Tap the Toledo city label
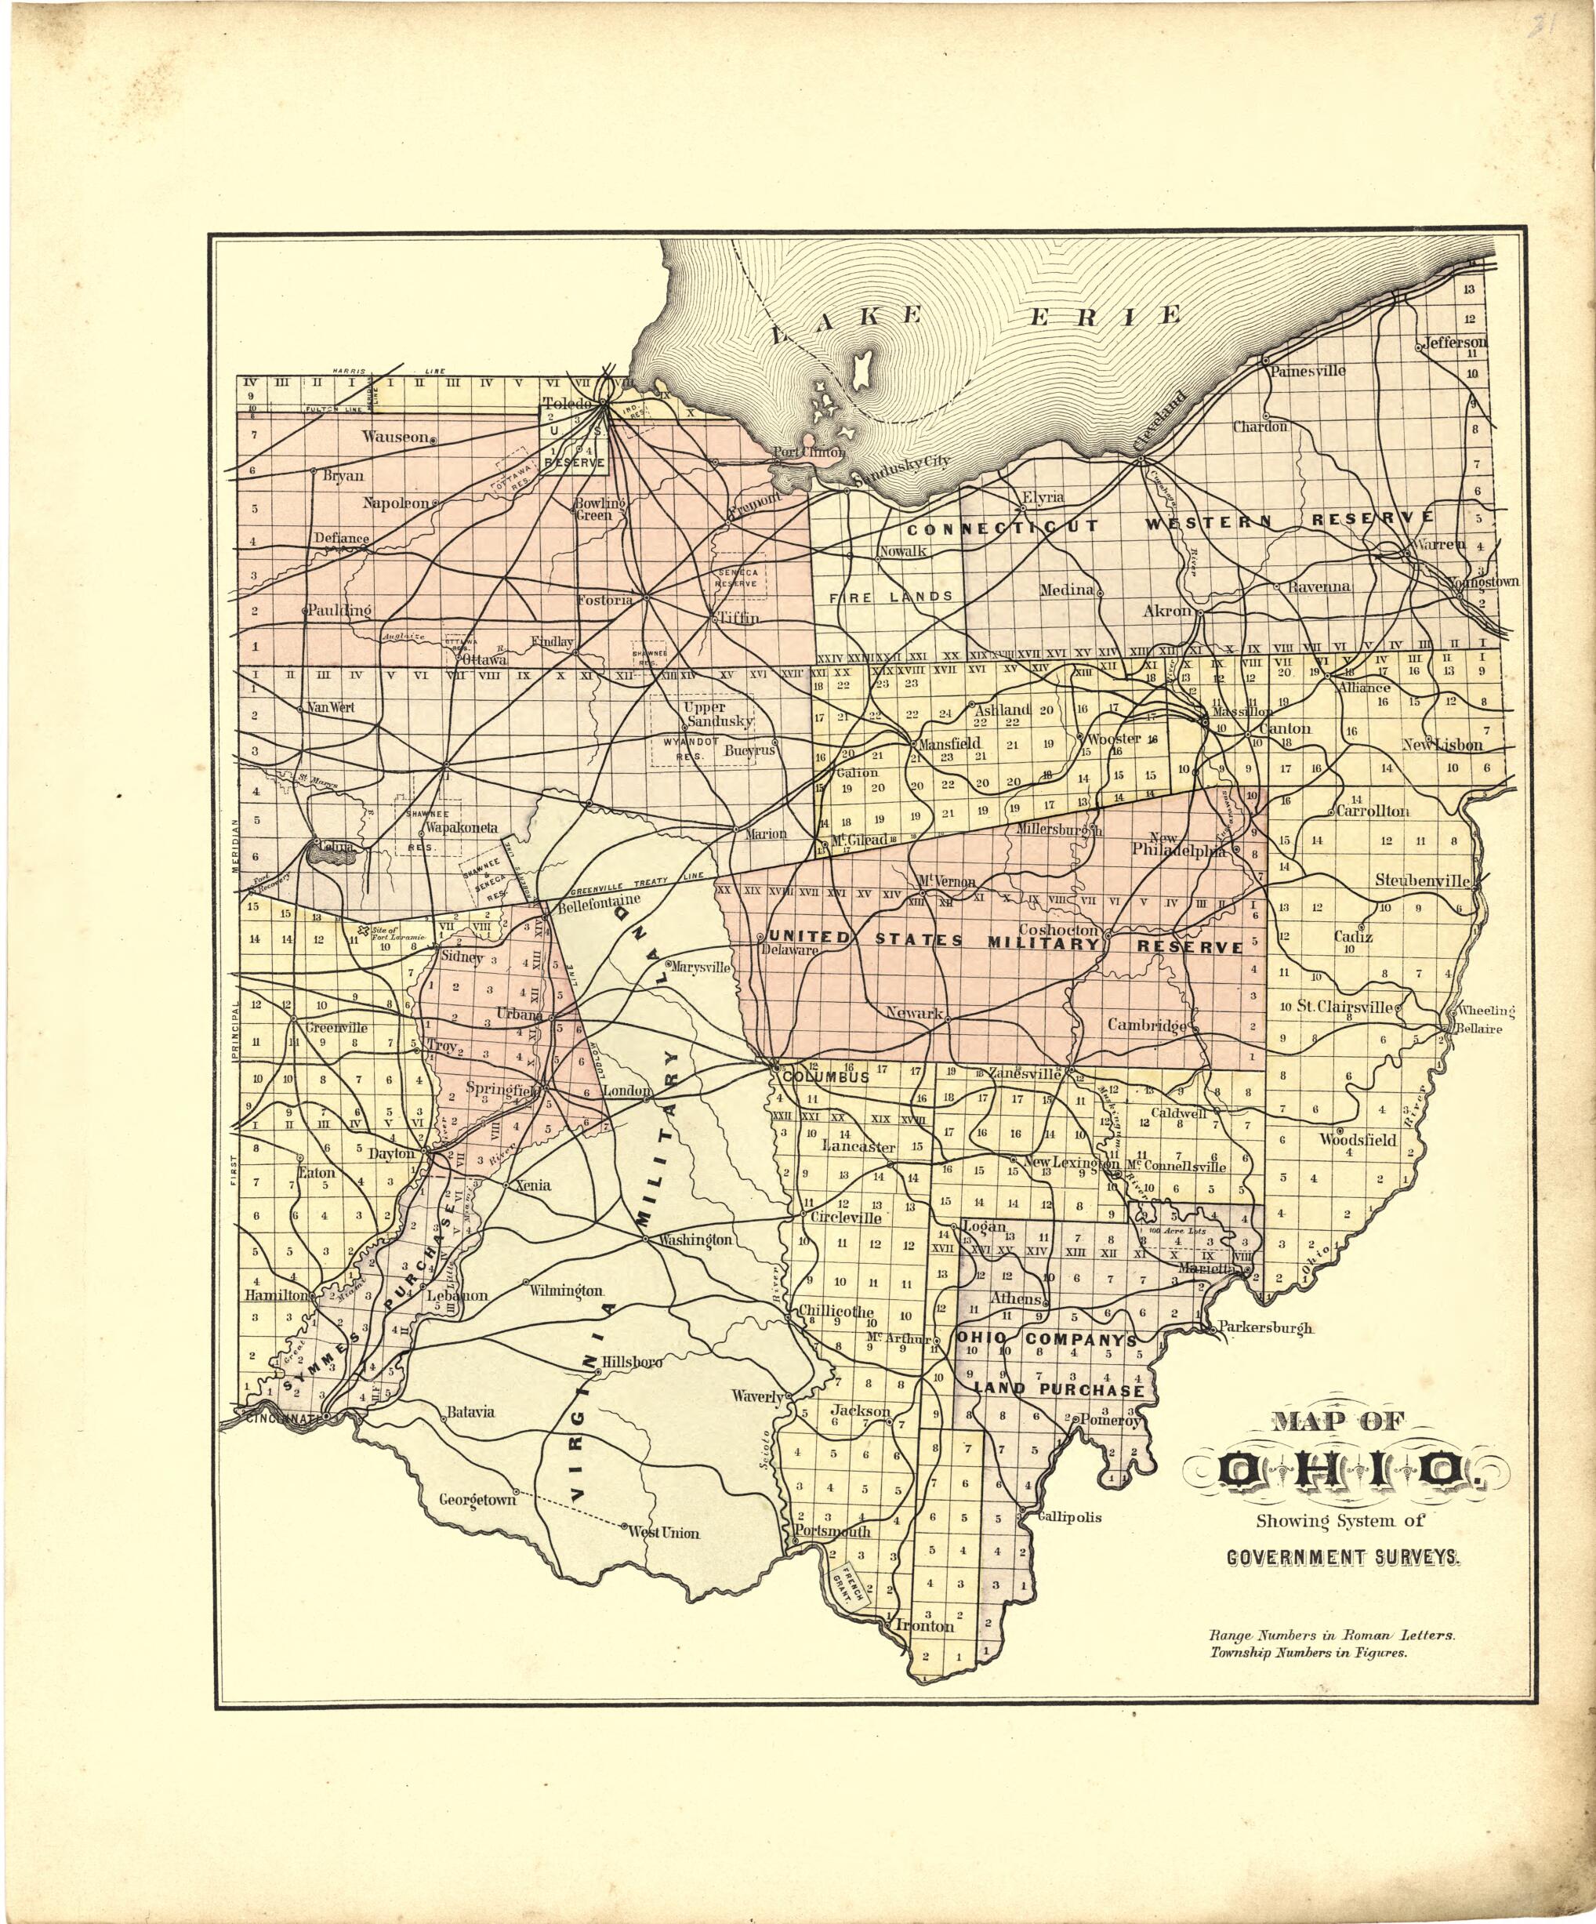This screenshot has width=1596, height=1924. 567,404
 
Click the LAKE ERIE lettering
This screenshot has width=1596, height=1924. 976,316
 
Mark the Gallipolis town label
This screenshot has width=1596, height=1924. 1069,1516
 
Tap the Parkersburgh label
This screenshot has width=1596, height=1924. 1264,1327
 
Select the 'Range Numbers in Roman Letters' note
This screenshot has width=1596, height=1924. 1331,1635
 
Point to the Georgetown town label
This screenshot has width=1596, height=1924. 477,1500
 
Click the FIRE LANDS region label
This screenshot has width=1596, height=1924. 891,597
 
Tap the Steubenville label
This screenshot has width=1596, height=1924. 1421,880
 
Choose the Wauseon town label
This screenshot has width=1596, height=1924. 395,437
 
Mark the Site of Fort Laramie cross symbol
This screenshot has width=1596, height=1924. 363,930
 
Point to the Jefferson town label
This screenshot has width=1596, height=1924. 1456,343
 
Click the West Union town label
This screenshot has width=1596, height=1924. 664,1533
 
